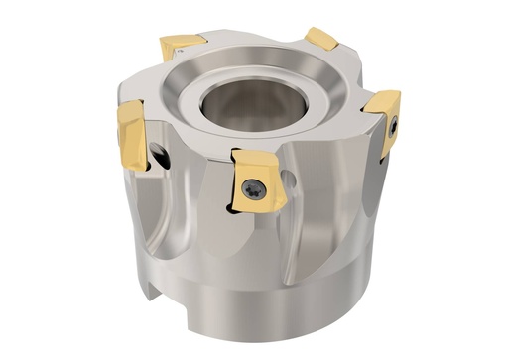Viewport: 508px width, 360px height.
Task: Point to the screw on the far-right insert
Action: click(392, 126)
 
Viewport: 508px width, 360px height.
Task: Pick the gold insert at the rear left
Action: click(183, 47)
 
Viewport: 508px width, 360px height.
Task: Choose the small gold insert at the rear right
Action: click(321, 39)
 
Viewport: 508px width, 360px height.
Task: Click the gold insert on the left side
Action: click(132, 132)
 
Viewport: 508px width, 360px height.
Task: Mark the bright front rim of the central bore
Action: click(248, 130)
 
